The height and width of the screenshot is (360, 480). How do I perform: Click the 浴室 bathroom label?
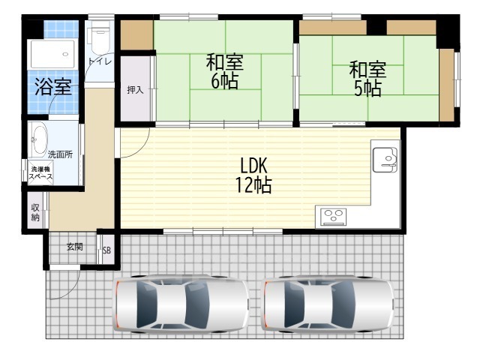pos(53,87)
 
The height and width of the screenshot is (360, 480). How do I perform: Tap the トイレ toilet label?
pos(100,61)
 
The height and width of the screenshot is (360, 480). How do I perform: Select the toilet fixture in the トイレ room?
pos(99,38)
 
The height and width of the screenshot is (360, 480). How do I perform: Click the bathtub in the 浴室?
pos(52,54)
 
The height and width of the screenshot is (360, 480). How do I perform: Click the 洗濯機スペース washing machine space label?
pos(40,173)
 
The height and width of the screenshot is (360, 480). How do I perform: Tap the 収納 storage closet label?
pos(35,212)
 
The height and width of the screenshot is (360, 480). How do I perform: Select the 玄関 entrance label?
pos(75,247)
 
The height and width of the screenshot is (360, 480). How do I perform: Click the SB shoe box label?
pos(106,250)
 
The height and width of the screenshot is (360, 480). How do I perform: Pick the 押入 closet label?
pos(135,90)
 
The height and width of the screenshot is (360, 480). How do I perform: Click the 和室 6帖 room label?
pos(225,71)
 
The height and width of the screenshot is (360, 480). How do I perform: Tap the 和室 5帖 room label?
pos(367,78)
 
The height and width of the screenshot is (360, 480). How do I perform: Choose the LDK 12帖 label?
pos(253,175)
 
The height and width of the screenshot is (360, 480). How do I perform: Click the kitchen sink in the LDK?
pos(385,160)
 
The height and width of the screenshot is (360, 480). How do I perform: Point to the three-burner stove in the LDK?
pos(333,217)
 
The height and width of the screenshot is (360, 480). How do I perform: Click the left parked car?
pos(181,304)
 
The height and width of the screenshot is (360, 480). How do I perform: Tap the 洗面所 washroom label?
pos(60,154)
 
